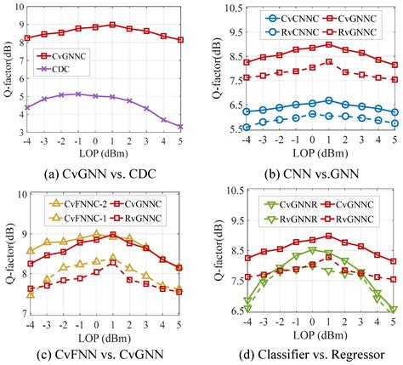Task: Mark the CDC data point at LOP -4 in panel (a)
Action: tap(27, 107)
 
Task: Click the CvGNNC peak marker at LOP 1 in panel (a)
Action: tap(112, 25)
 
